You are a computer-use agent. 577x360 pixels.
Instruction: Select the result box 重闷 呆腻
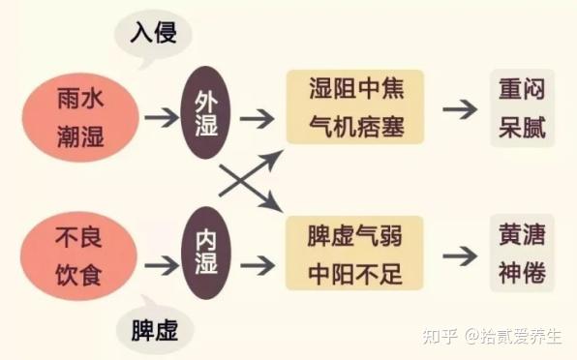pos(522,107)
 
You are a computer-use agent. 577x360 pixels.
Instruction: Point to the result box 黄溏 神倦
pos(522,254)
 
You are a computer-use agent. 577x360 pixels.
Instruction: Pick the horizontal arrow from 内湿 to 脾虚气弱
pos(257,262)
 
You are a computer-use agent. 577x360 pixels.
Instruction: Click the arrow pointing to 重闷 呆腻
pos(460,108)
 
